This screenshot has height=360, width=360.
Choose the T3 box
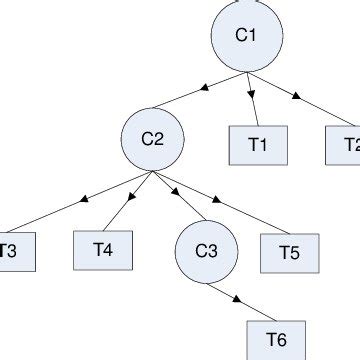pos(15,251)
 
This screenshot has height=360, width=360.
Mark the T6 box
pos(273,338)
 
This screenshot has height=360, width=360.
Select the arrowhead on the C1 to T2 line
pos(297,97)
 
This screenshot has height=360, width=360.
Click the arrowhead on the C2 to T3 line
pos(78,203)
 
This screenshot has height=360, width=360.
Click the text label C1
pos(246,36)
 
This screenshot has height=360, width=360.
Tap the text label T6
pos(273,338)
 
